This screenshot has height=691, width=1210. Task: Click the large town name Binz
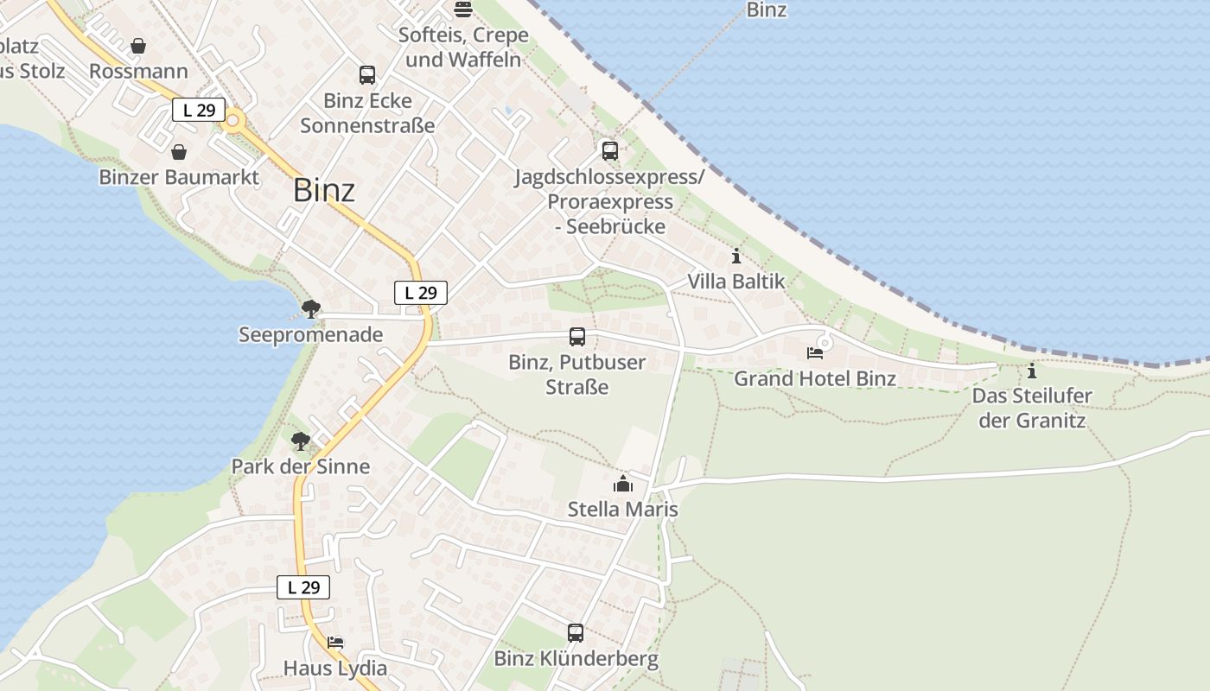[324, 190]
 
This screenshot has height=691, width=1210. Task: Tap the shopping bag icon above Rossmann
[138, 46]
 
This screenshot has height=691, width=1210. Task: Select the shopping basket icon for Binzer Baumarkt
[179, 153]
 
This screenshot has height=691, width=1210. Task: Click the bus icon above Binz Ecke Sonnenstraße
[367, 75]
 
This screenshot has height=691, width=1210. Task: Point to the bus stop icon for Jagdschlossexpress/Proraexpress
[610, 151]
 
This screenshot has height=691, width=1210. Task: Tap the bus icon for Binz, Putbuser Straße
[577, 337]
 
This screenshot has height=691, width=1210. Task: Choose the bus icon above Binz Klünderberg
[576, 633]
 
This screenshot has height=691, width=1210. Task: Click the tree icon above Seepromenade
[311, 308]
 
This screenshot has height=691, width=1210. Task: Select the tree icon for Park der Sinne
[300, 441]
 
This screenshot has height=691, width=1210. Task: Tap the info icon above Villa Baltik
[736, 256]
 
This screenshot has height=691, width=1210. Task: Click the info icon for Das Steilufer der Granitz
[1031, 371]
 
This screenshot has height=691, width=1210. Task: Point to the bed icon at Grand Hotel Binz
[814, 353]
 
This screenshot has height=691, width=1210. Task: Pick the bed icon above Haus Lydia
[335, 643]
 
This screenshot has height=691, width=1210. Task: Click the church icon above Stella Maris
[623, 484]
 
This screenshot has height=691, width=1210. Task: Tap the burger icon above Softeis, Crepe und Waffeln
[463, 10]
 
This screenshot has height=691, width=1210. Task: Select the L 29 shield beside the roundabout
[199, 111]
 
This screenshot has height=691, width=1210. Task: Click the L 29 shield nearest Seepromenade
[421, 293]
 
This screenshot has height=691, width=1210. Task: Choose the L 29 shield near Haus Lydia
[303, 587]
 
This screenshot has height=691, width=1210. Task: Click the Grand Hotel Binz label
[815, 378]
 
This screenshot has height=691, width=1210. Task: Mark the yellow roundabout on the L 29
[232, 122]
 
